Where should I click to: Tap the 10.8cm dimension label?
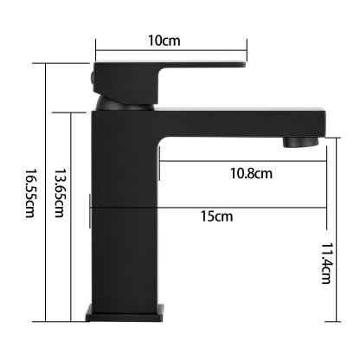[x=251, y=173]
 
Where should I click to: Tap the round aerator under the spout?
[x=302, y=140]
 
